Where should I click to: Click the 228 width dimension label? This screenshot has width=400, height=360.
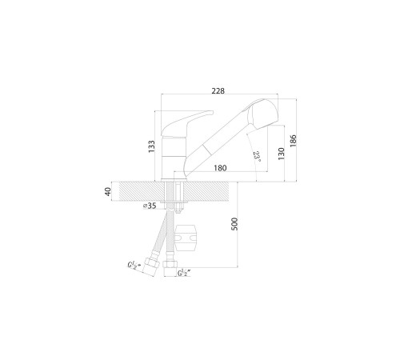218,91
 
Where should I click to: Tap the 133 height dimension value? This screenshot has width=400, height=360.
151,146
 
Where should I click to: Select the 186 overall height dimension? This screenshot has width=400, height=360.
293,140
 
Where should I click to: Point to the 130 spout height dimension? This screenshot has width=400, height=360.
281,154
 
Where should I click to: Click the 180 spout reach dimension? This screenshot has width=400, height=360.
220,168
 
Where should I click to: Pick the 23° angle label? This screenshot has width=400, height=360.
257,158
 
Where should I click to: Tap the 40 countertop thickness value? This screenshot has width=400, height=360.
108,191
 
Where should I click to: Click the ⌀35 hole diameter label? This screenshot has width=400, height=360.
150,206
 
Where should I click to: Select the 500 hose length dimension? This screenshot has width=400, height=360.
234,224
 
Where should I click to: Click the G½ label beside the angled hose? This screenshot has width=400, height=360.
133,266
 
